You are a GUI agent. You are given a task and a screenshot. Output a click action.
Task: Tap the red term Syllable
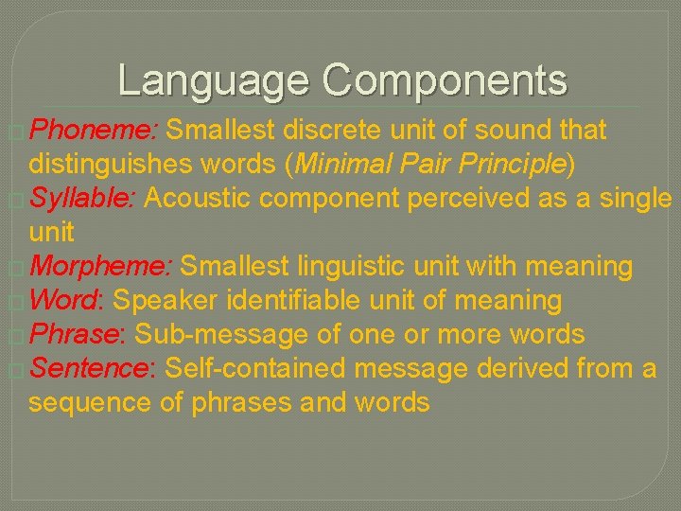[x=84, y=199]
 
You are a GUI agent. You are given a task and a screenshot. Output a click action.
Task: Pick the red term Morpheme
[x=99, y=267]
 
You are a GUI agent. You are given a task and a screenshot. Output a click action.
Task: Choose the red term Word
[x=68, y=301]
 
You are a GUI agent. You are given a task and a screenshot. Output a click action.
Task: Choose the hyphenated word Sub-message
[x=221, y=335]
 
